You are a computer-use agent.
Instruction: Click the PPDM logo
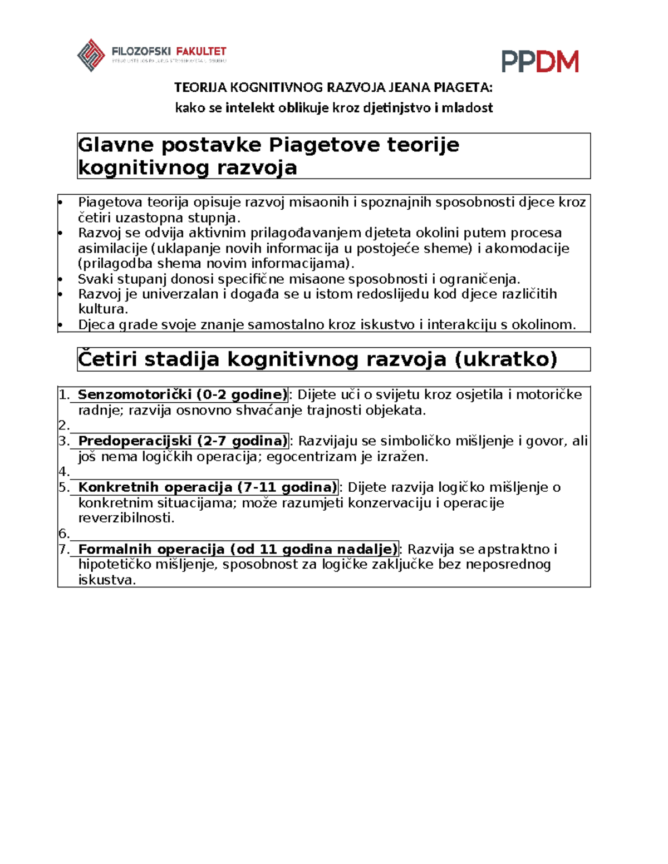539,62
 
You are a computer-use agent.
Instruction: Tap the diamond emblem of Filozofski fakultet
91,55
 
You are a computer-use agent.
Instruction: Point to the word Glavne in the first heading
115,145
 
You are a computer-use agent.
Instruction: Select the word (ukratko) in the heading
505,359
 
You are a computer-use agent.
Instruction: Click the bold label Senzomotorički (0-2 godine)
182,395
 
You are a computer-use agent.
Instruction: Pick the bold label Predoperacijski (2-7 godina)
182,441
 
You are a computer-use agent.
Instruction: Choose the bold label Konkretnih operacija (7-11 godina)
207,487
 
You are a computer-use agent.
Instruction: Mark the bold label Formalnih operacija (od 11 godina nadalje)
238,549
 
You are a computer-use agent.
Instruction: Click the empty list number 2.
63,426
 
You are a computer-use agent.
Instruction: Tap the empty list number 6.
63,534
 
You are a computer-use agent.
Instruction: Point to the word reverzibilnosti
126,518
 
